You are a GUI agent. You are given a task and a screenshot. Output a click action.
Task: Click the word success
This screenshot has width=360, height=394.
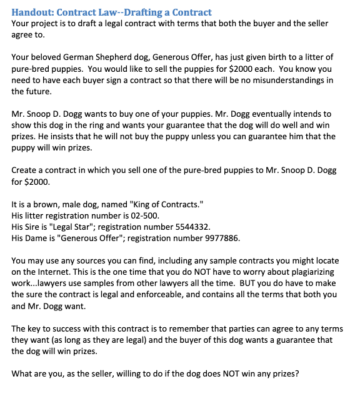[x=69, y=329]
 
